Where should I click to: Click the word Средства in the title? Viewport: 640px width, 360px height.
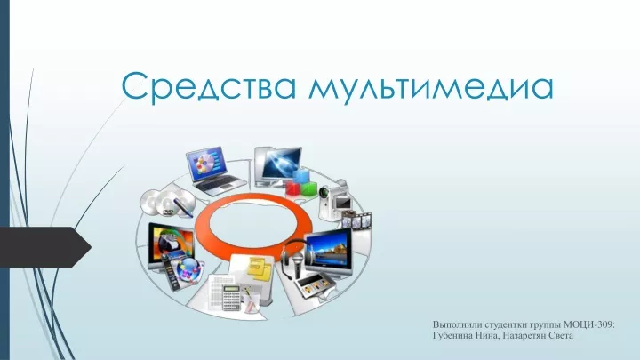pyautogui.click(x=208, y=86)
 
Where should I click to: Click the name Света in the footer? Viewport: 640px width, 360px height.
pyautogui.click(x=561, y=336)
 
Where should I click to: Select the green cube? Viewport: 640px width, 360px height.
pyautogui.click(x=309, y=188)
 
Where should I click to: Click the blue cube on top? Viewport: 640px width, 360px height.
pyautogui.click(x=301, y=176)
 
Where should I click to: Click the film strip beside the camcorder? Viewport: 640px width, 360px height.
pyautogui.click(x=356, y=220)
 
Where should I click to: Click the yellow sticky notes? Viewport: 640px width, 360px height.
pyautogui.click(x=260, y=268)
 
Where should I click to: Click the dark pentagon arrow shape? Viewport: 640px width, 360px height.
pyautogui.click(x=45, y=247)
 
